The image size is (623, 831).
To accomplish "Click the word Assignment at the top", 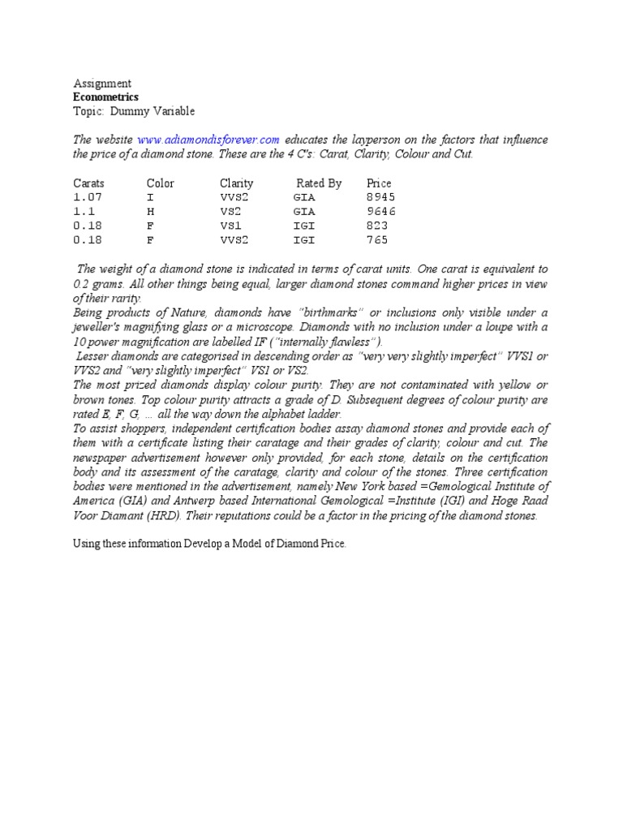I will click(102, 84).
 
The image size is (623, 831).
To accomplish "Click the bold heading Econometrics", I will click(106, 97).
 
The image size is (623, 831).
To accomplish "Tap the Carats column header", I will click(88, 183).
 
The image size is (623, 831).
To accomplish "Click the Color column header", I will click(160, 183).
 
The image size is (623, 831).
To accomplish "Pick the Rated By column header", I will click(319, 183).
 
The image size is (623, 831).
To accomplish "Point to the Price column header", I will click(379, 183).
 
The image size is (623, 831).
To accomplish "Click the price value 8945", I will click(380, 197).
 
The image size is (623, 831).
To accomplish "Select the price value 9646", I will click(380, 211).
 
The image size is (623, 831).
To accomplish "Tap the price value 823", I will click(377, 226).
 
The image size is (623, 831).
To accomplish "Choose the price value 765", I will click(377, 239).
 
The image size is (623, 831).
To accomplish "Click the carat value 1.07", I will click(87, 197).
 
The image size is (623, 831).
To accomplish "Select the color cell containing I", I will click(150, 197).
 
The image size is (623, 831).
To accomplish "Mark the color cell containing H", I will click(150, 211).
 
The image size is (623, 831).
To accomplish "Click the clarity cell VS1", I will click(231, 226).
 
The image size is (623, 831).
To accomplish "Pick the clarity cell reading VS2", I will click(231, 211).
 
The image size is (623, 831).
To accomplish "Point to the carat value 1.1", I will click(84, 211).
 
